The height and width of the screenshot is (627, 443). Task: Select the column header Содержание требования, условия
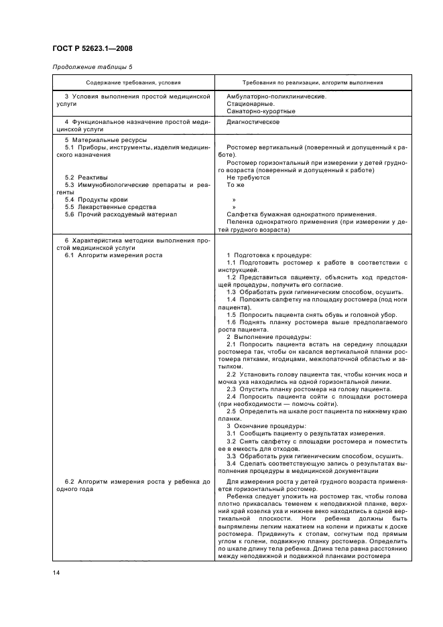tap(133, 83)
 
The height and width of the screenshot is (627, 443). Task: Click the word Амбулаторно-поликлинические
tap(276, 96)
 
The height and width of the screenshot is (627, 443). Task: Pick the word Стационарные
tap(250, 104)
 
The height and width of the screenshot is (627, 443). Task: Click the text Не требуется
tap(248, 178)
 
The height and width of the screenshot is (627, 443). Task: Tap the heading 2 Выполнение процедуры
tap(268, 336)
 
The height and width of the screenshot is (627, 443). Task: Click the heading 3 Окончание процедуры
tap(266, 425)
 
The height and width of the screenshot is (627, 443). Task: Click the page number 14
tap(56, 572)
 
